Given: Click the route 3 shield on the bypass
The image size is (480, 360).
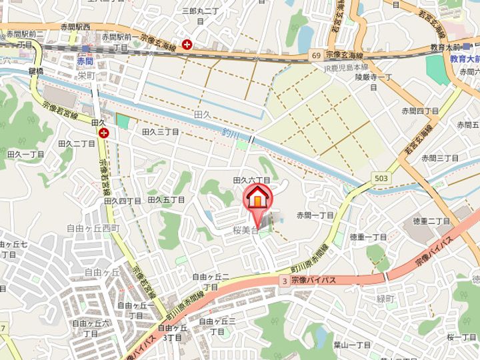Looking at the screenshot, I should pos(285,281).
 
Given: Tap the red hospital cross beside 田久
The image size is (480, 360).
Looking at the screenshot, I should pos(104,133).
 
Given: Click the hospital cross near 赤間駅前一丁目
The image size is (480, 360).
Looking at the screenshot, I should pos(188,44).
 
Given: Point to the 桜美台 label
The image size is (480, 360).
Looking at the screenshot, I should pos(245,229).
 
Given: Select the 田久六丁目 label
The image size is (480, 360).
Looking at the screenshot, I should pos(251,180).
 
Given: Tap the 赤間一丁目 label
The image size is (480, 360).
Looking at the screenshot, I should pos(315,215).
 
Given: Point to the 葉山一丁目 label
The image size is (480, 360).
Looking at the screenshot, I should pos(352,345).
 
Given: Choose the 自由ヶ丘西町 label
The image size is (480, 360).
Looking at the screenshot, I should pos(93,228).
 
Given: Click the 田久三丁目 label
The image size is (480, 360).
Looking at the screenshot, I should pos(161,132).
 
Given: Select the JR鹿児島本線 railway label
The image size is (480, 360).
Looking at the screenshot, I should pos(346,68).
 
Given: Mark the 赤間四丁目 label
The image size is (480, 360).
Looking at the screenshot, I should pos(420,111).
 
